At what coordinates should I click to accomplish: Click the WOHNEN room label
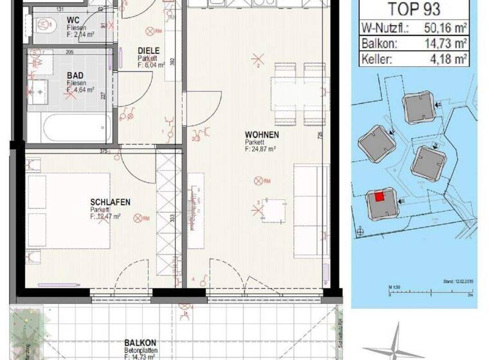coord(261,135)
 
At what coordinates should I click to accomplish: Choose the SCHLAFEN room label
coord(110,203)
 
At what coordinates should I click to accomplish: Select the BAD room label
coord(75,75)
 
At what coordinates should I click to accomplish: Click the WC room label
coord(73,19)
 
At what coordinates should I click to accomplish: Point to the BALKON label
coord(139,344)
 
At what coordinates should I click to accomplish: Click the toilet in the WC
coord(44,24)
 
